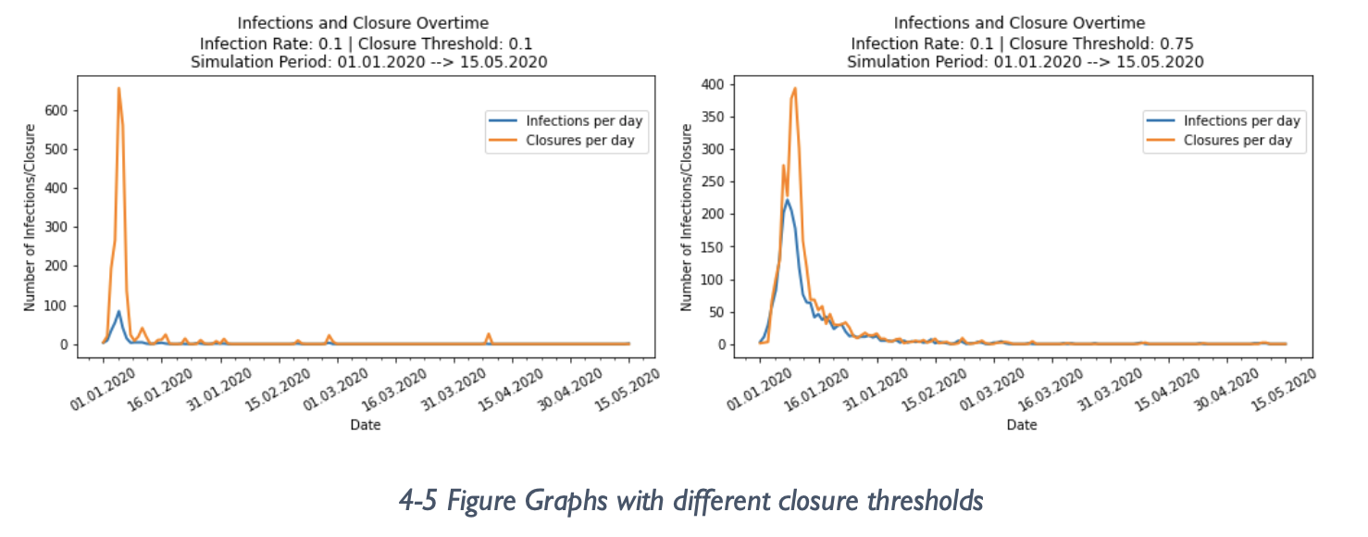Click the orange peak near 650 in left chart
point(118,89)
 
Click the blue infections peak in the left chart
point(118,312)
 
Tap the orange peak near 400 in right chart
point(795,89)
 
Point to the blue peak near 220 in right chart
point(787,200)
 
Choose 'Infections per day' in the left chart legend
point(584,121)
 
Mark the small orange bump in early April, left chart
point(489,335)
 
